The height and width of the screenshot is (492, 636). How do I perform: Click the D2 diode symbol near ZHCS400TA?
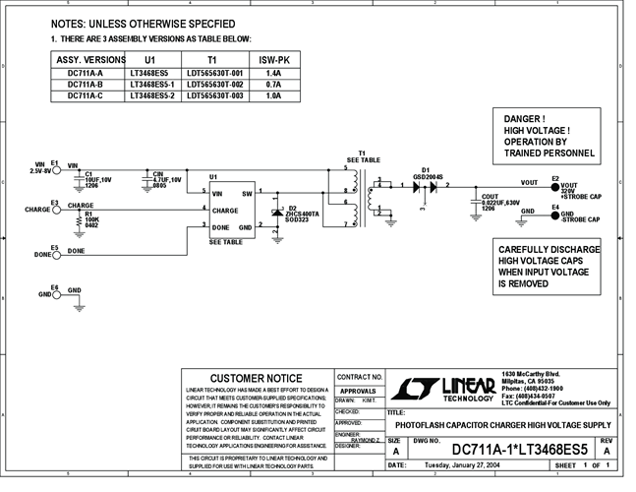tap(279, 213)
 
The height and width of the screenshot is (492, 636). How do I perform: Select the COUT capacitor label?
tap(490, 197)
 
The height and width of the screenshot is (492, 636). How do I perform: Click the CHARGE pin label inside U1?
tap(225, 210)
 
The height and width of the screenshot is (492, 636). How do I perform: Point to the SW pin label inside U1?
tap(249, 194)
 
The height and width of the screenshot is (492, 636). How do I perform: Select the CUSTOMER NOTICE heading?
tap(257, 379)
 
